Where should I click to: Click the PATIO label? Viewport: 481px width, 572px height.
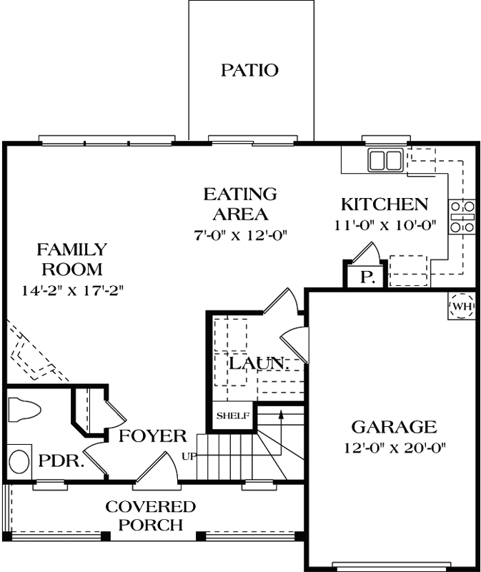click(249, 70)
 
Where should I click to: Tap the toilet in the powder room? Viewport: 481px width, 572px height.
click(24, 410)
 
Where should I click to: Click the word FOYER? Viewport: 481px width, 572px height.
click(152, 435)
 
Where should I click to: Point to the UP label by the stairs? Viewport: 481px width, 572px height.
click(189, 455)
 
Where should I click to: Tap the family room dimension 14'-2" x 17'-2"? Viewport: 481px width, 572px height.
click(72, 290)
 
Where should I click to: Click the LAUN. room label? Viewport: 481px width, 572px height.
click(258, 363)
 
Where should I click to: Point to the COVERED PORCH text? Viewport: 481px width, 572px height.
click(150, 516)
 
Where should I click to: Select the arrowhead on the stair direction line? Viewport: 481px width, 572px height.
click(282, 413)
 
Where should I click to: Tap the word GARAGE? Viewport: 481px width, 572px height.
click(393, 428)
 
